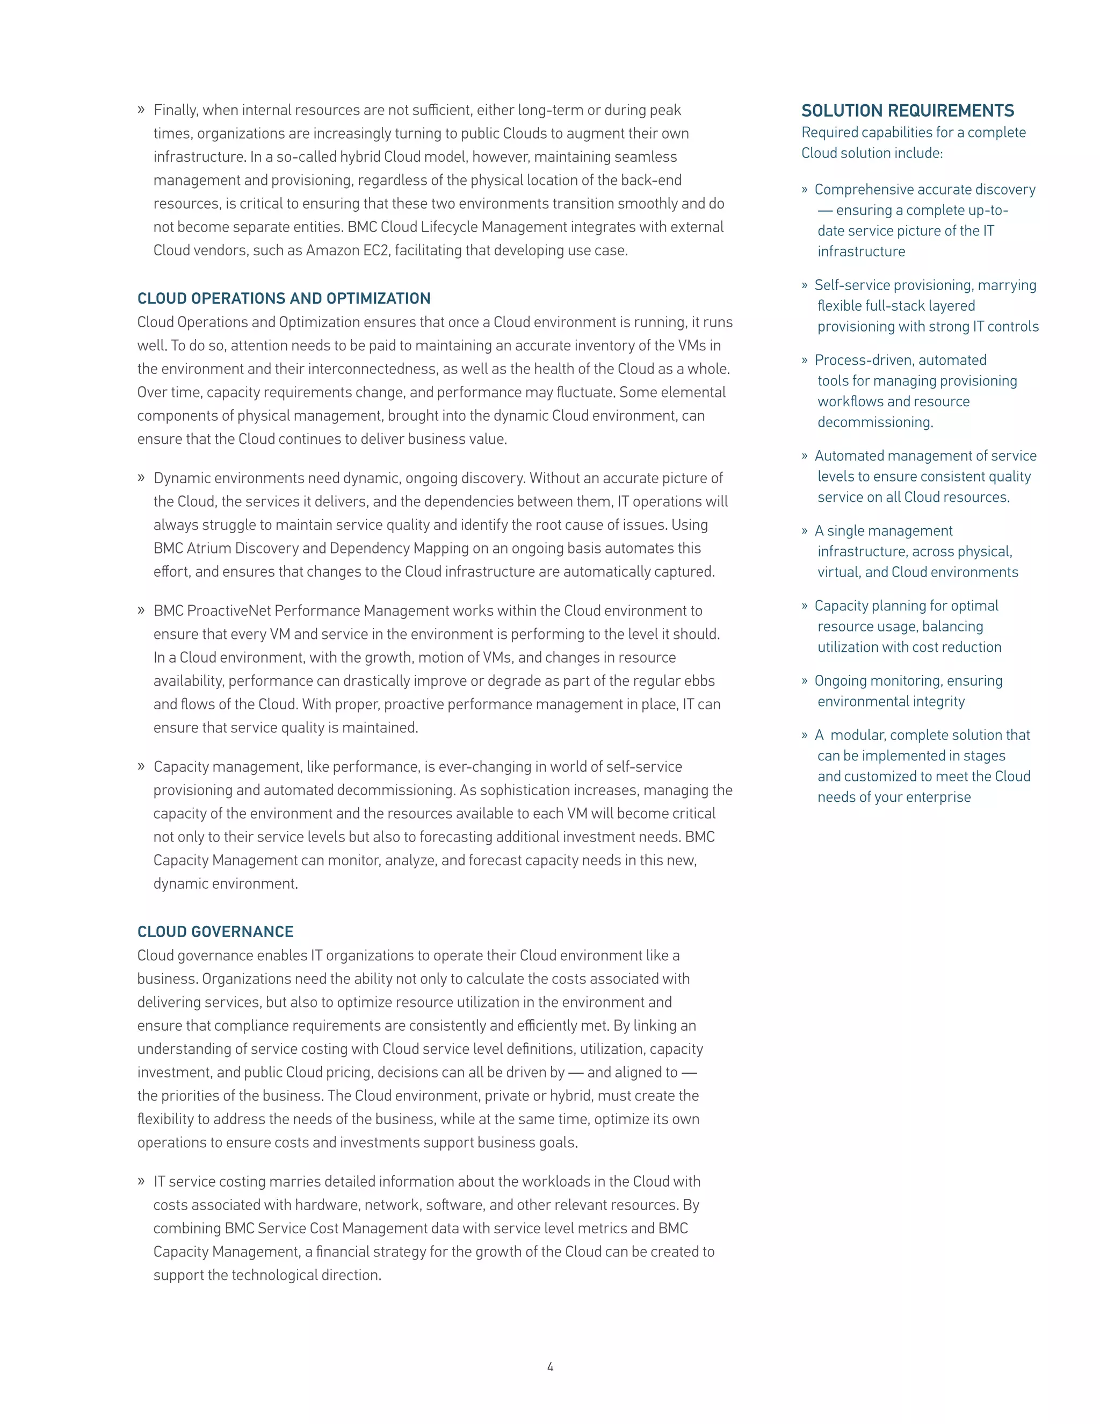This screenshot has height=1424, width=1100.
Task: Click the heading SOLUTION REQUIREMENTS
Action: [907, 111]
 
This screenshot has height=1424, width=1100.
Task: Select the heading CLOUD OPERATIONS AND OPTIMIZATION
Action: [284, 299]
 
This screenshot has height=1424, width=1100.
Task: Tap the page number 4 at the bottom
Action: [550, 1367]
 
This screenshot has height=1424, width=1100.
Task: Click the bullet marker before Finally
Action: [141, 110]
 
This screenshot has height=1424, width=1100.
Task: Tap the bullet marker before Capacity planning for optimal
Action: [805, 606]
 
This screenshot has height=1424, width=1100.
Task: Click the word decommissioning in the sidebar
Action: [874, 422]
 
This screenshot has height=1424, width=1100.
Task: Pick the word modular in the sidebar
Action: [858, 736]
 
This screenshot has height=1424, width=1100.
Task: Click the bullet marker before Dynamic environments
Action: [141, 478]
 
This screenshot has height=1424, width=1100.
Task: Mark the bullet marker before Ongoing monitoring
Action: [805, 681]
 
